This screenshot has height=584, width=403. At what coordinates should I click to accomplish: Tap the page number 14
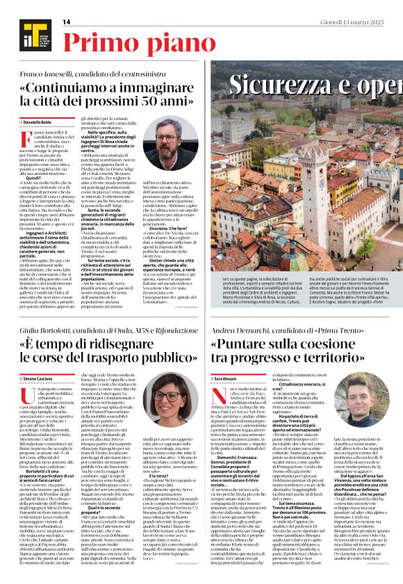coord(67,22)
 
